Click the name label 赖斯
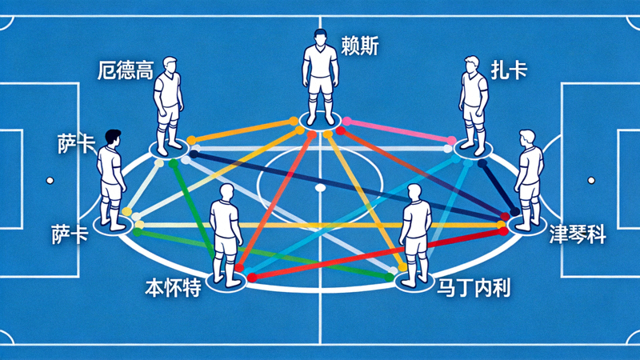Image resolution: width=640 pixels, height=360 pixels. tap(360, 46)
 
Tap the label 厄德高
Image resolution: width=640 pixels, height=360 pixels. tap(126, 70)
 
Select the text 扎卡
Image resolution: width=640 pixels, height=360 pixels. tap(509, 70)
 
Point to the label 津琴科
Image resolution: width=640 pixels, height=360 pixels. tap(577, 234)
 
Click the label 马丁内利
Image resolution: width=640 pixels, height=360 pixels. tap(474, 287)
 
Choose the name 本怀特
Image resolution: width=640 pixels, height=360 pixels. tap(173, 287)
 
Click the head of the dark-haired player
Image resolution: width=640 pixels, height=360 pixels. tap(112, 138)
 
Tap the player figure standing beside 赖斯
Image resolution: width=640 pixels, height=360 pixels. tap(321, 77)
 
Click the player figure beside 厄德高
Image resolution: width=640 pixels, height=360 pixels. tap(168, 106)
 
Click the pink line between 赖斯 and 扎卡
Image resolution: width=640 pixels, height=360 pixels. tap(398, 130)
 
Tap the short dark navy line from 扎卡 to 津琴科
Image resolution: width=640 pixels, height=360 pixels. tap(498, 187)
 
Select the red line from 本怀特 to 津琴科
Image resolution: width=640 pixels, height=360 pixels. tap(378, 254)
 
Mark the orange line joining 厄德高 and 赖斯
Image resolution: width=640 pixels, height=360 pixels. tap(242, 130)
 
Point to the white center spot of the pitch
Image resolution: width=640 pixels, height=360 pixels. tap(321, 188)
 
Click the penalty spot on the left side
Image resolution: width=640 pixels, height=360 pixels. tap(50, 181)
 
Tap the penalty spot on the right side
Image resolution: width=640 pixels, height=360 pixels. tap(591, 180)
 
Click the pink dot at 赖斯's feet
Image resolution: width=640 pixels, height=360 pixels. tap(346, 122)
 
